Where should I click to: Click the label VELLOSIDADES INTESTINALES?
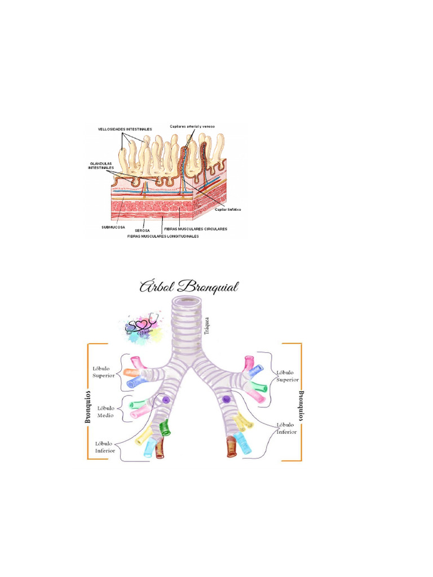pyautogui.click(x=125, y=129)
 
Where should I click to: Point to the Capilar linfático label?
pyautogui.click(x=228, y=208)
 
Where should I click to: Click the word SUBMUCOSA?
pyautogui.click(x=113, y=228)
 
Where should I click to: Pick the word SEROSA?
pyautogui.click(x=142, y=230)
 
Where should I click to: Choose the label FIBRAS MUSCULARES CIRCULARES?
pyautogui.click(x=195, y=229)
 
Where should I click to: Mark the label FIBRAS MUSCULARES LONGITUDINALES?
pyautogui.click(x=163, y=236)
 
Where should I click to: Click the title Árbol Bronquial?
pyautogui.click(x=189, y=287)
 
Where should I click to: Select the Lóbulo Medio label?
pyautogui.click(x=105, y=411)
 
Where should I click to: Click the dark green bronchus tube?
pyautogui.click(x=165, y=428)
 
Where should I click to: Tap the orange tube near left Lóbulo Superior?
pyautogui.click(x=131, y=372)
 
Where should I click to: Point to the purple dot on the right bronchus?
pyautogui.click(x=227, y=399)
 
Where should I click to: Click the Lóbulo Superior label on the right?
pyautogui.click(x=288, y=376)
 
